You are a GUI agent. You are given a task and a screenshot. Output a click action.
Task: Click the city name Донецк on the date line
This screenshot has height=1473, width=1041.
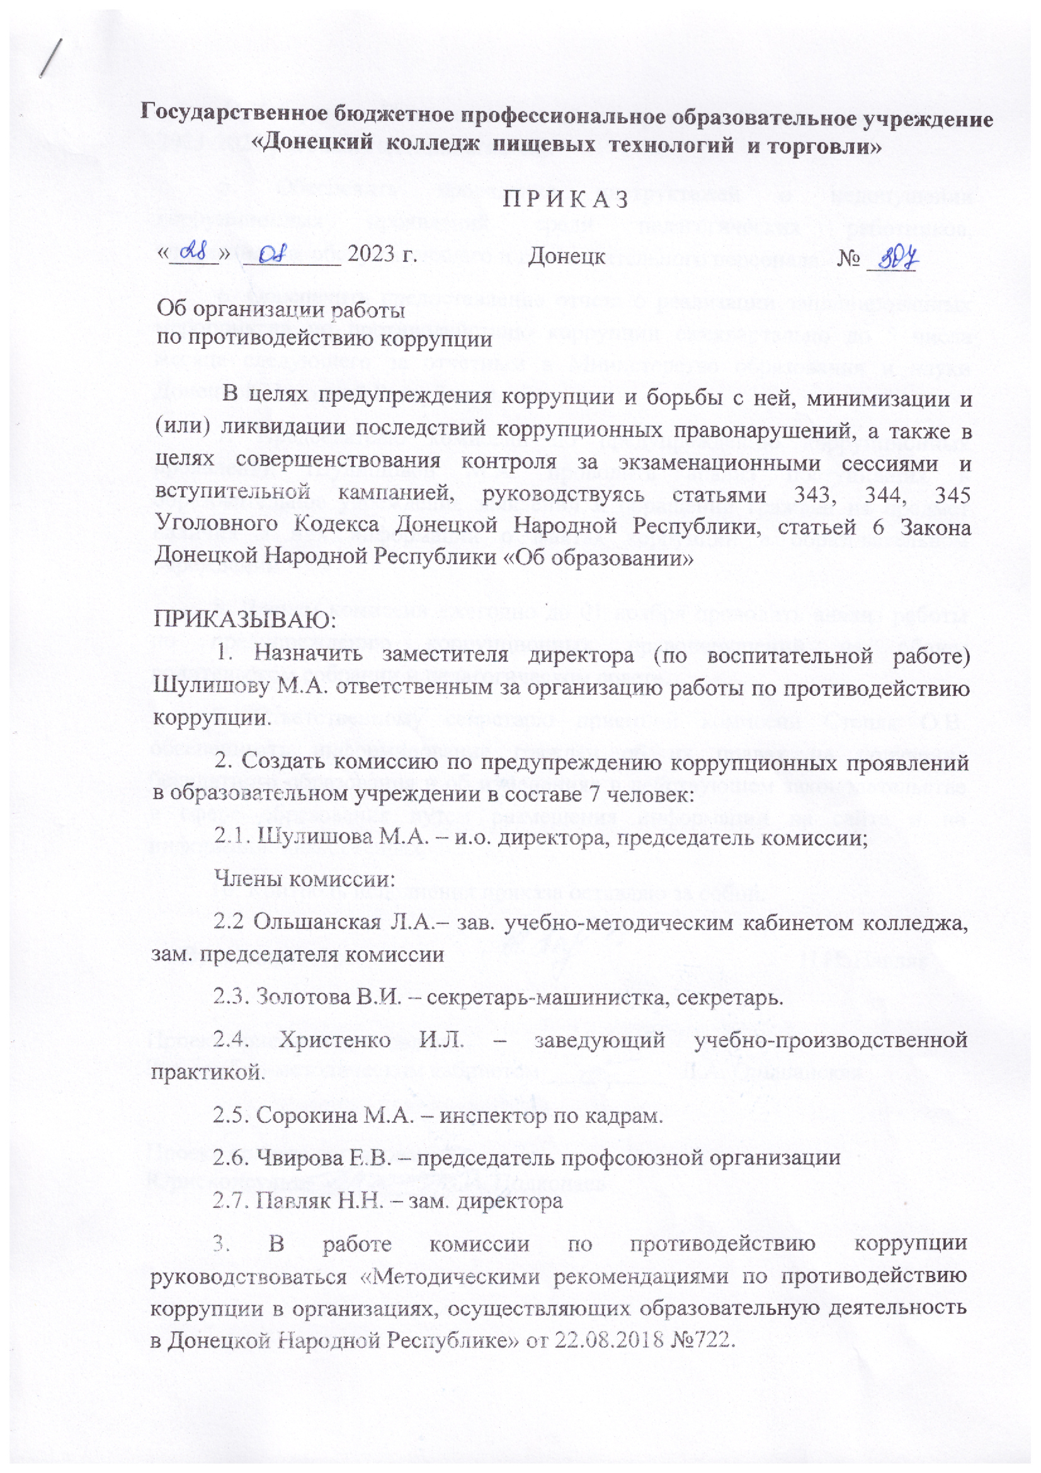click(x=566, y=256)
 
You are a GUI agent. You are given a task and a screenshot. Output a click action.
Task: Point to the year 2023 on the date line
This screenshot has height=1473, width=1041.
click(x=370, y=256)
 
